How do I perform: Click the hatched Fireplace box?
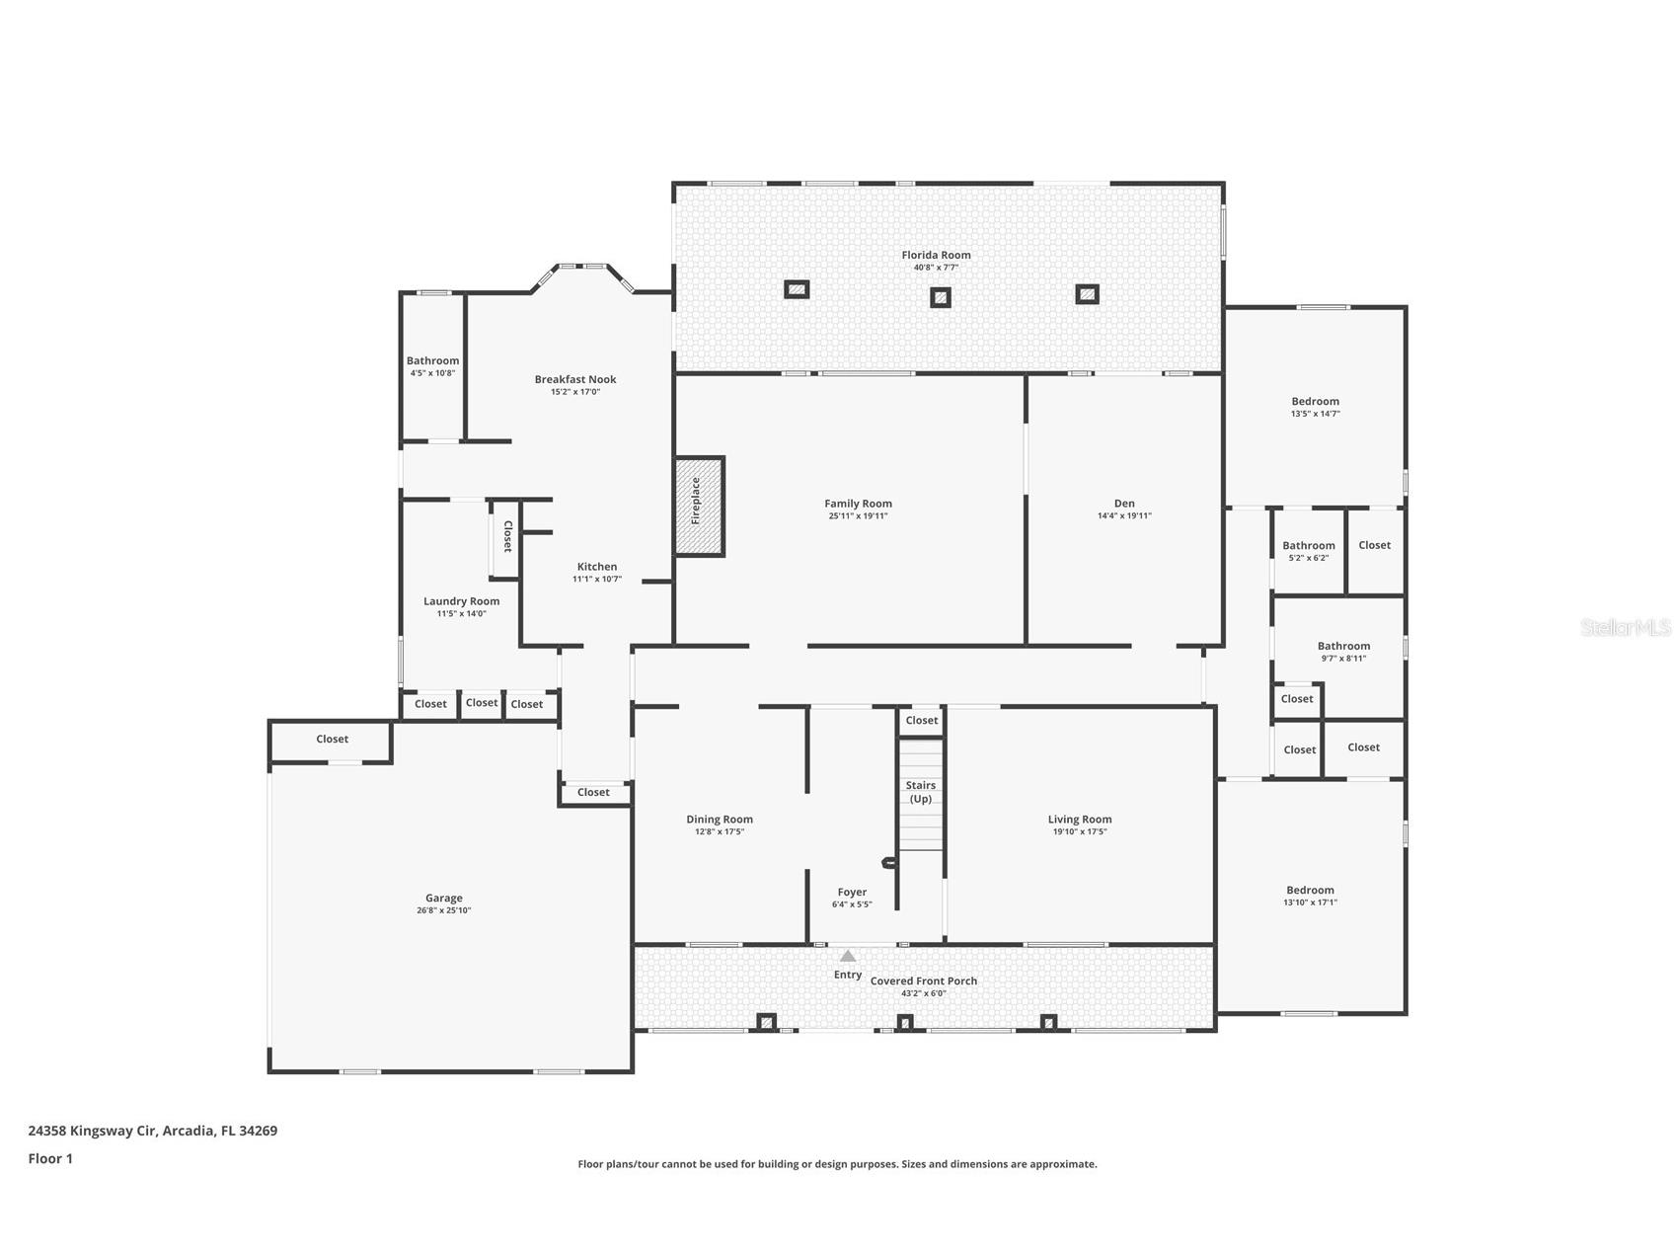(699, 506)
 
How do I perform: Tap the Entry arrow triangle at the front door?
(848, 956)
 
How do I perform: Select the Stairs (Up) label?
(921, 792)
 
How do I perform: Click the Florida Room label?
(936, 255)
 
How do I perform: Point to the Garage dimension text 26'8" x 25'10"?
(444, 910)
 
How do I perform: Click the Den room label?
(1124, 504)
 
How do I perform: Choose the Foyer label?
(852, 892)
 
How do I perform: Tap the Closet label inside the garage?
(332, 739)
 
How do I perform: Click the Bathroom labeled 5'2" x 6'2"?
(1309, 546)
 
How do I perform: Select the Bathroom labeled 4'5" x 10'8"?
(432, 361)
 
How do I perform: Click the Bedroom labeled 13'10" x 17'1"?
(1310, 891)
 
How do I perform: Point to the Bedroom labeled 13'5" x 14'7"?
(1315, 402)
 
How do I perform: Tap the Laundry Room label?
(461, 601)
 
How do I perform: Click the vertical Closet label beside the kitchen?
(507, 536)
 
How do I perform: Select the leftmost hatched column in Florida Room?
(797, 289)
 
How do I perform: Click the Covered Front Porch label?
(924, 981)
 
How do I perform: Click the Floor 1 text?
(50, 1158)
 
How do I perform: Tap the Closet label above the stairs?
(922, 721)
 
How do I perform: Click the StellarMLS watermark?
(1626, 627)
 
